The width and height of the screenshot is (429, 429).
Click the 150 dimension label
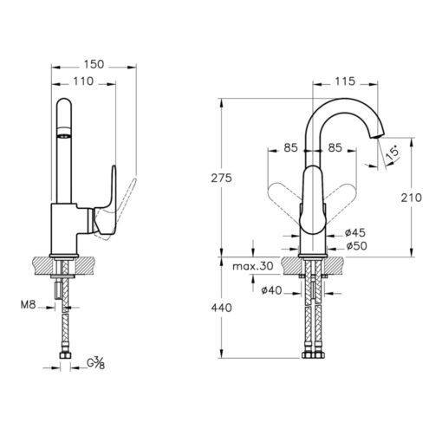tap(94, 64)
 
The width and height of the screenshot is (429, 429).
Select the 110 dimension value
tap(83, 81)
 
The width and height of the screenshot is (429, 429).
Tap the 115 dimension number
tap(345, 81)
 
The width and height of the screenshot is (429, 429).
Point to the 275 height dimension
tap(221, 178)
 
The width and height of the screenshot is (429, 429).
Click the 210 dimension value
tap(412, 198)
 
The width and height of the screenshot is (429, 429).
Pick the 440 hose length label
tap(221, 308)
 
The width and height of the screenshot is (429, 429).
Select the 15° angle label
tap(393, 153)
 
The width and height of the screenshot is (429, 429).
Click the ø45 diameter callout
tap(355, 232)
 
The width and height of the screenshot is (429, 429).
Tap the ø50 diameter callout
tap(356, 246)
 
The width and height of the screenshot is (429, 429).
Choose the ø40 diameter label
tap(271, 290)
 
